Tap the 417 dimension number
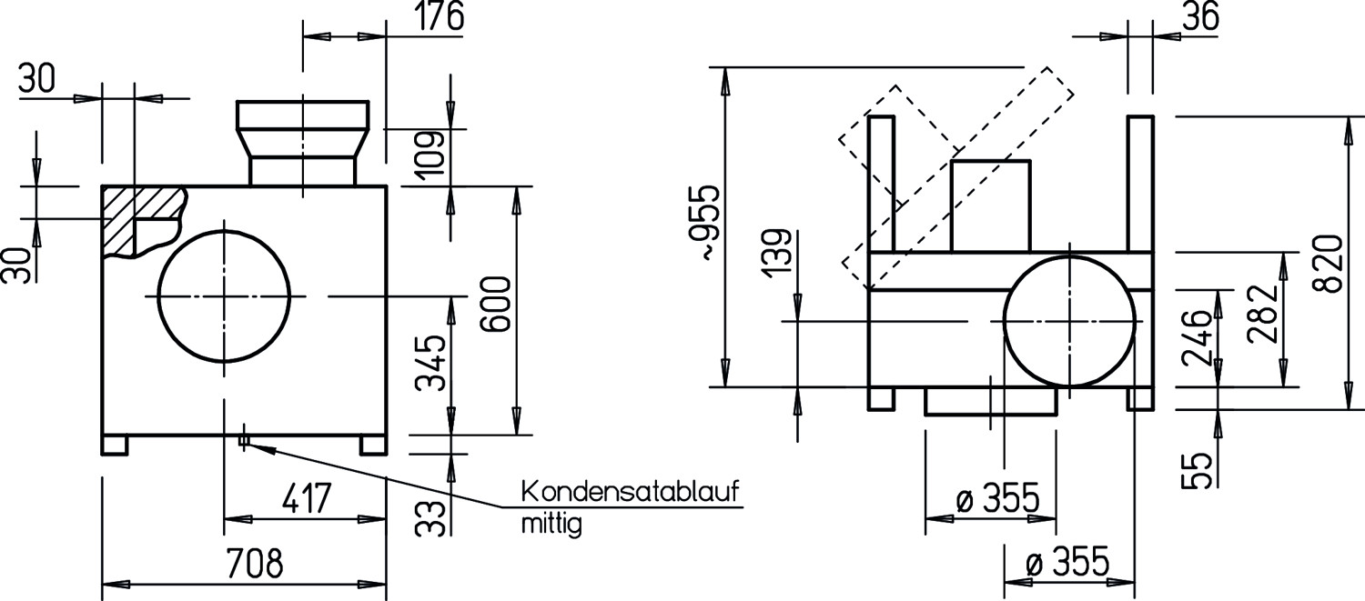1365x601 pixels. click(305, 499)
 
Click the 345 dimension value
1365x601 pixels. click(431, 363)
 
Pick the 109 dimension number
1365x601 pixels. click(431, 153)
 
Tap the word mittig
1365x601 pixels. click(551, 525)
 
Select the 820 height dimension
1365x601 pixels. click(1330, 263)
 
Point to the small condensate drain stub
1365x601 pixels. click(243, 441)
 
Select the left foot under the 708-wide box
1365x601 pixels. click(114, 445)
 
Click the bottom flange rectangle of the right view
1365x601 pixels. click(990, 401)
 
